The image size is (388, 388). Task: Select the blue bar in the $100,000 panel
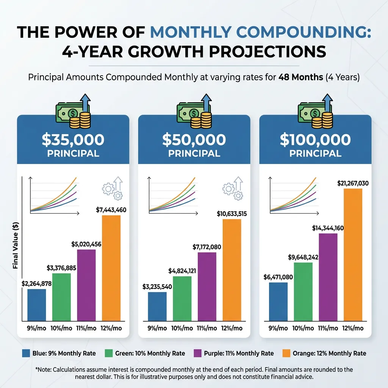[278, 301]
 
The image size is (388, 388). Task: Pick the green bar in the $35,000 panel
[61, 296]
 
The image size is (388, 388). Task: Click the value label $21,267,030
[352, 183]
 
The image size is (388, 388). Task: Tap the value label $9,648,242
[303, 257]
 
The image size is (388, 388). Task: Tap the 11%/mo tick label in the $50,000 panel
[207, 328]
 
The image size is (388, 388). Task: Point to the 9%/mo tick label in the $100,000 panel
[278, 328]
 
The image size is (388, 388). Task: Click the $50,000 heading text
[194, 140]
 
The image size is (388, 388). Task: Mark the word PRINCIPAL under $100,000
[315, 154]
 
